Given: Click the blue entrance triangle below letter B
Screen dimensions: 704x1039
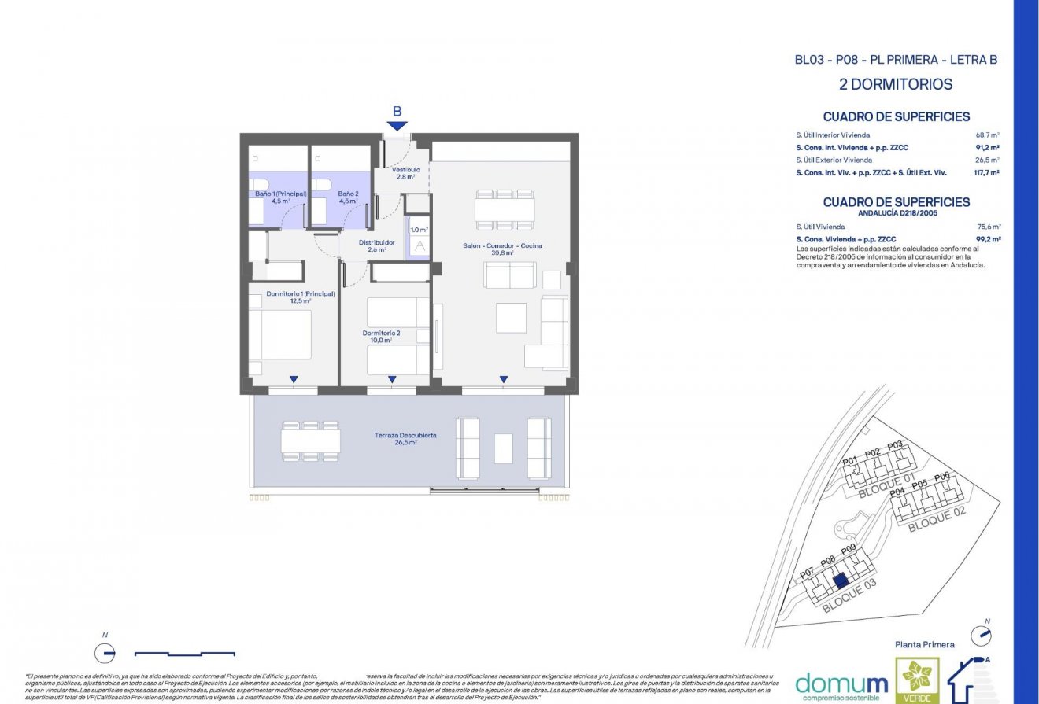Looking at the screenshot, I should (397, 126).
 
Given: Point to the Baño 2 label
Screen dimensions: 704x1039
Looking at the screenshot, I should (348, 197).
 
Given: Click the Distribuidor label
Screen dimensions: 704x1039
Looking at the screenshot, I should (376, 246).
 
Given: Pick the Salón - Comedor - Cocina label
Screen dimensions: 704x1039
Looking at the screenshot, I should (502, 249).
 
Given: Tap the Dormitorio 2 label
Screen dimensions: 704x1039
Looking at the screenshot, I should (381, 337).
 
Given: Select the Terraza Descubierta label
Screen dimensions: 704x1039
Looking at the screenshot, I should (405, 438).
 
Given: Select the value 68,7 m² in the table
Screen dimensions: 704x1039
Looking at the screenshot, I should (987, 135).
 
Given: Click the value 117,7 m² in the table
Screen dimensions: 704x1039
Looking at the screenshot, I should (987, 172).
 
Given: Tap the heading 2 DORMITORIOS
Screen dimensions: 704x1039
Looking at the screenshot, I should (896, 84).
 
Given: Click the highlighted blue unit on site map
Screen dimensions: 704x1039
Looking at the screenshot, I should (840, 581).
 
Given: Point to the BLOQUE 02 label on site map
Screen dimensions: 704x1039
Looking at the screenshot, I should (936, 519).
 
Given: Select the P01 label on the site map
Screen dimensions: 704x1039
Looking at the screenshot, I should (849, 462).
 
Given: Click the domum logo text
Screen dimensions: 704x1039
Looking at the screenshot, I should (841, 682).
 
